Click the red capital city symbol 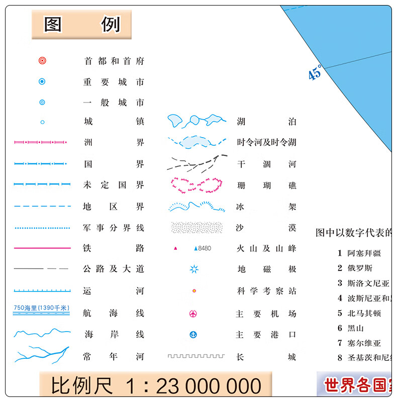click(x=42, y=61)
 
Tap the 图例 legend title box click(x=82, y=24)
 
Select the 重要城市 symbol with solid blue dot click(x=42, y=81)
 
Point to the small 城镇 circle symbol click(x=42, y=122)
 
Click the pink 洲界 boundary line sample click(x=40, y=143)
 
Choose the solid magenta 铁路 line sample click(x=42, y=248)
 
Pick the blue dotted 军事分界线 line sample click(x=42, y=228)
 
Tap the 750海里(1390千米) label click(x=42, y=308)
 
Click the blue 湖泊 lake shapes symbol click(x=196, y=121)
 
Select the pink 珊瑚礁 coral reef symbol click(x=196, y=184)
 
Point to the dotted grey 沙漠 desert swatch click(x=196, y=227)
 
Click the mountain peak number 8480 click(x=205, y=248)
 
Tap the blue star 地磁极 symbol click(x=194, y=269)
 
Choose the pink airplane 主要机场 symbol click(x=193, y=314)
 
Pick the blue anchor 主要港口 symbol click(x=193, y=335)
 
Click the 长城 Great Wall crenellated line click(x=196, y=356)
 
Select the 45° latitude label click(x=315, y=73)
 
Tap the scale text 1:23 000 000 click(x=193, y=386)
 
